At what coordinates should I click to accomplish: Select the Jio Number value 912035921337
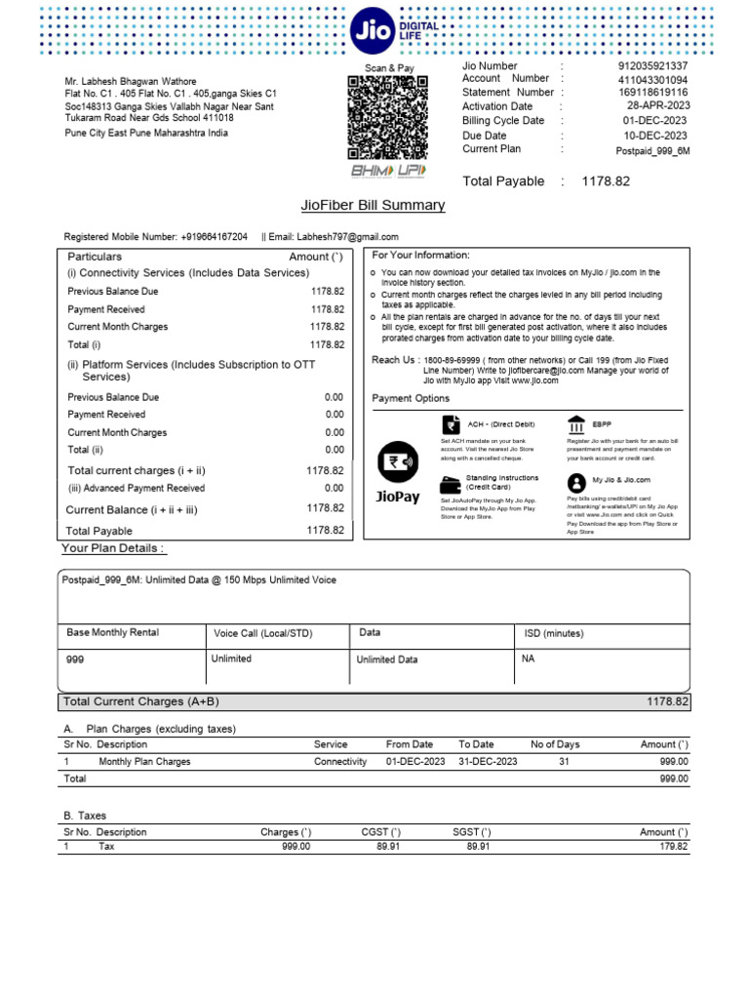coord(652,66)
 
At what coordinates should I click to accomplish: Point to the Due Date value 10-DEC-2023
coord(655,136)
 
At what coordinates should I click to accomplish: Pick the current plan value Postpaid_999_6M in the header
coord(652,151)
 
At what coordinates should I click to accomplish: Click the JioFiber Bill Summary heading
coord(374,206)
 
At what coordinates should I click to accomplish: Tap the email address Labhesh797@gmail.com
coord(347,237)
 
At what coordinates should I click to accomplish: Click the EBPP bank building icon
coord(575,425)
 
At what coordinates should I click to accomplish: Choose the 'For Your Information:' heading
coord(420,256)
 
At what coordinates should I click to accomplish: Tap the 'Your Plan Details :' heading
coord(113,549)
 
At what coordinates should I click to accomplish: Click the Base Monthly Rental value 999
coord(75,660)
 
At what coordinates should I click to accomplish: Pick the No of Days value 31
coord(564,762)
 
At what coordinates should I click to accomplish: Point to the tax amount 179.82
coord(673,847)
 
